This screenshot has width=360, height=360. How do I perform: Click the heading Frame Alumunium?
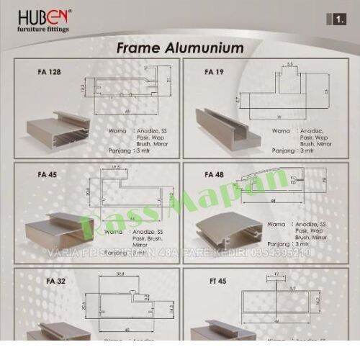point(180,48)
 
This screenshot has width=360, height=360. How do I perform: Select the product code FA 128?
point(48,72)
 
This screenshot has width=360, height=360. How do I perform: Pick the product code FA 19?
point(214,72)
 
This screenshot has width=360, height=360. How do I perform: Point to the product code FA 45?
point(47,174)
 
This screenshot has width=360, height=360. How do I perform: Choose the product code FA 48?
point(215,174)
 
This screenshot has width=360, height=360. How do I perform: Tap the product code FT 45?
point(215,280)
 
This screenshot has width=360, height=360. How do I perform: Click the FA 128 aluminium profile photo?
point(57,129)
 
